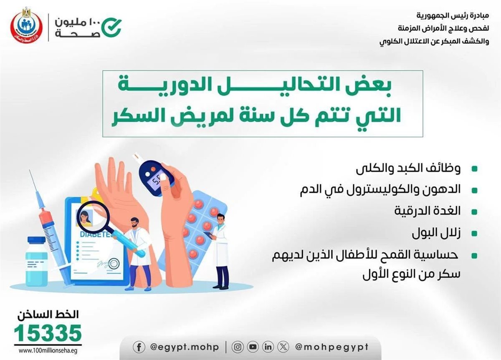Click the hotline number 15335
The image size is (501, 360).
click(x=48, y=333)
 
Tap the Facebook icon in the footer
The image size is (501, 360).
click(x=139, y=347)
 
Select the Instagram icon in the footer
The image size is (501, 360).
click(x=238, y=347)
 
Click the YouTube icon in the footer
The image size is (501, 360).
click(x=253, y=347)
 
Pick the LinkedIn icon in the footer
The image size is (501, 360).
click(x=268, y=347)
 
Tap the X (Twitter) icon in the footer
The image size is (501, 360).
click(x=283, y=347)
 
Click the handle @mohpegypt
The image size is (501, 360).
click(x=331, y=347)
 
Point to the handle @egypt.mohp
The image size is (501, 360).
click(x=185, y=347)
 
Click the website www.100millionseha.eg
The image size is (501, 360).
click(x=48, y=351)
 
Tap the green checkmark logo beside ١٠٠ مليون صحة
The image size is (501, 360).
click(x=111, y=28)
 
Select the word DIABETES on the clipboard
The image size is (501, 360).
click(x=96, y=234)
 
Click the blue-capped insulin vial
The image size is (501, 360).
click(x=36, y=262)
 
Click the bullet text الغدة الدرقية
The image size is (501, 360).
click(x=427, y=211)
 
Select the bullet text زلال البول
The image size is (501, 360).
click(x=436, y=233)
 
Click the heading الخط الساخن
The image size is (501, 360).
click(x=48, y=315)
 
